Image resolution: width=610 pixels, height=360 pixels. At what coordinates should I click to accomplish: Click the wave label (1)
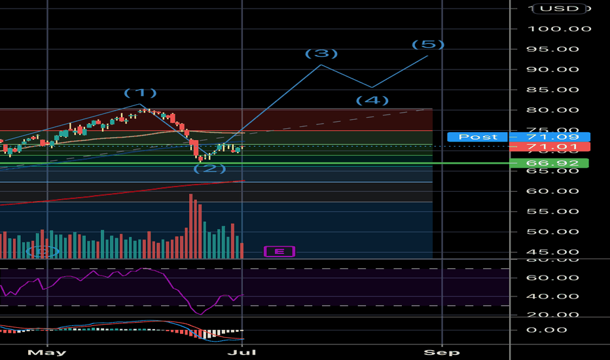point(141,93)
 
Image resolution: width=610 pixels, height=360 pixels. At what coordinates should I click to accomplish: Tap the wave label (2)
point(209,169)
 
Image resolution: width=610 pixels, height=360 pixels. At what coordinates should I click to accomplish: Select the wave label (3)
point(321,53)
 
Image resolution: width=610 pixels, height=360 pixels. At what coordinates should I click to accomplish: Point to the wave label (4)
point(372,100)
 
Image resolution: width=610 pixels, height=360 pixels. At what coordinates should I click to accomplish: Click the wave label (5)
point(428,45)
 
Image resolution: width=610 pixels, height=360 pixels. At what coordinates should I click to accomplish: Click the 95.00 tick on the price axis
point(552,49)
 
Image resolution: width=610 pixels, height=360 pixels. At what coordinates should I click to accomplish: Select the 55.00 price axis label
point(552,211)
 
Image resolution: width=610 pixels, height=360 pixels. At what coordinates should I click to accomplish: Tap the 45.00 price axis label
point(552,252)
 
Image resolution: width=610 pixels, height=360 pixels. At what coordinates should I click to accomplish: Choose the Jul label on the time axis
point(242,352)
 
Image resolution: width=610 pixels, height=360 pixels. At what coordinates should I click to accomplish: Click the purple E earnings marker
point(279,251)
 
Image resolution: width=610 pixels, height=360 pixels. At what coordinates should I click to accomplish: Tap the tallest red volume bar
point(191,226)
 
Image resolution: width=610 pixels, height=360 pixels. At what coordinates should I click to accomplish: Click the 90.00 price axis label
point(552,69)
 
